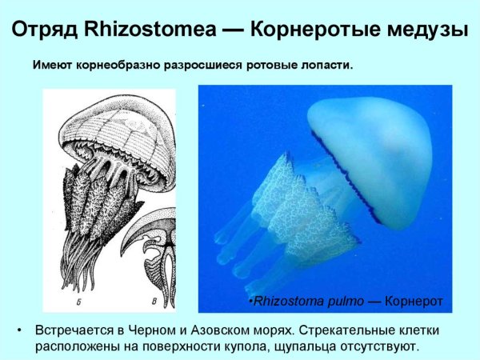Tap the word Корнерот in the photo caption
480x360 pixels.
pos(413,302)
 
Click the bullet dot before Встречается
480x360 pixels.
pos(20,330)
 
